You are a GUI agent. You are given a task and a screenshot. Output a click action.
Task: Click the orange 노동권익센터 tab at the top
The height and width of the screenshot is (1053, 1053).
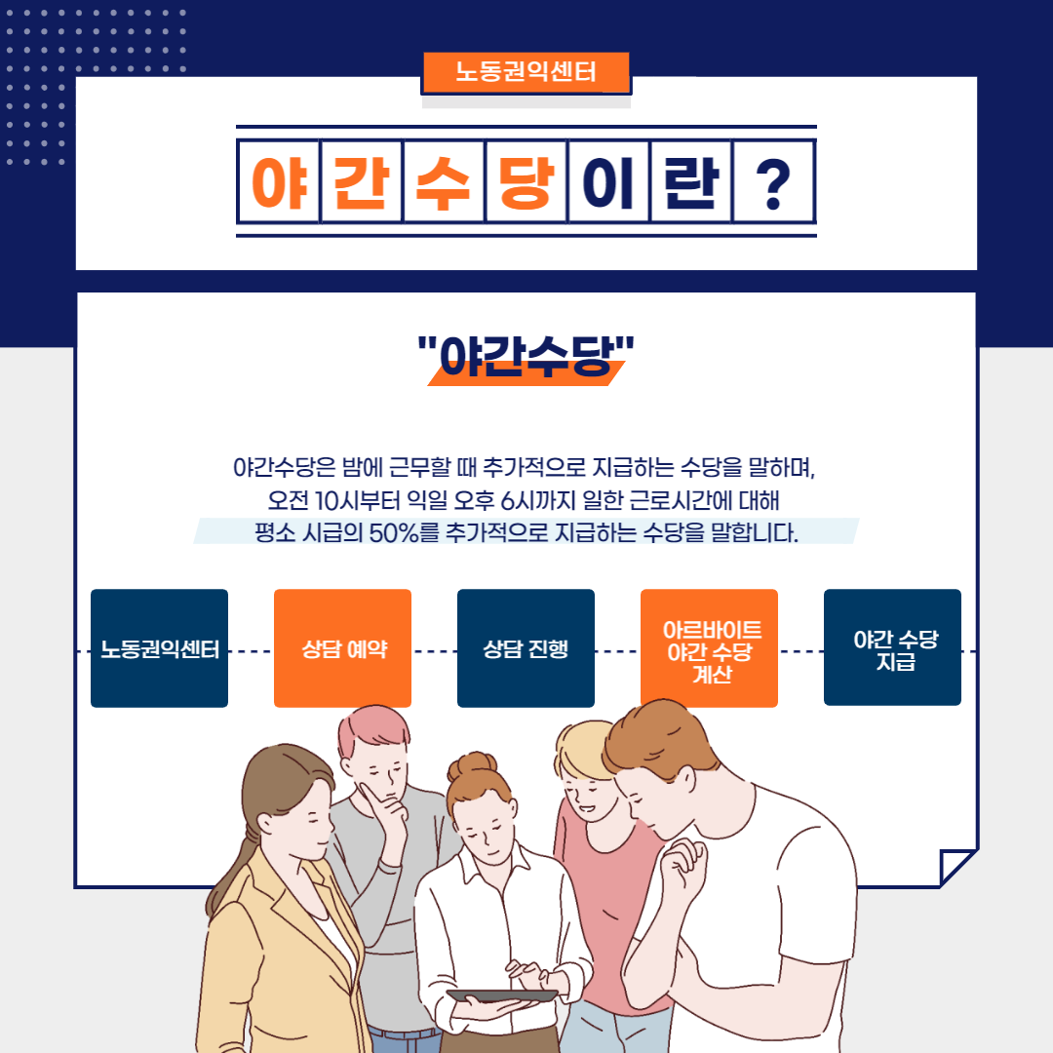click(526, 72)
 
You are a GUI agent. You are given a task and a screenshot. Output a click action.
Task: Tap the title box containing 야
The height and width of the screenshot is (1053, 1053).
click(279, 181)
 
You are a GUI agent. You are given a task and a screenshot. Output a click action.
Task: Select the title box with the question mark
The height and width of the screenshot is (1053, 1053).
click(773, 181)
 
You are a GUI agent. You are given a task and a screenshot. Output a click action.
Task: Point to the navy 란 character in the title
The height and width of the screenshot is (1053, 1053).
click(691, 182)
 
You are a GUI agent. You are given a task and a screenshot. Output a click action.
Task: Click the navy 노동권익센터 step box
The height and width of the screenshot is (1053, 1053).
click(159, 648)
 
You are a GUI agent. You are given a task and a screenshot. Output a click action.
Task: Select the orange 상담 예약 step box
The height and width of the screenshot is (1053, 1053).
click(342, 648)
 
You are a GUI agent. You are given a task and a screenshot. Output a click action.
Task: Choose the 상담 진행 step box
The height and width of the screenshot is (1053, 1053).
click(526, 648)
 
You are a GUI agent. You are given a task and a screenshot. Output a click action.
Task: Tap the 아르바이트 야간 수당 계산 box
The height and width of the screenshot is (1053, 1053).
click(709, 648)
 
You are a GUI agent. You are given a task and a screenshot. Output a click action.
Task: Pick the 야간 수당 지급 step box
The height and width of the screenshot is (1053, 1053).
click(892, 647)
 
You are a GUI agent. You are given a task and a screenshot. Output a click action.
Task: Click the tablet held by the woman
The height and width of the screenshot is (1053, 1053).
click(502, 995)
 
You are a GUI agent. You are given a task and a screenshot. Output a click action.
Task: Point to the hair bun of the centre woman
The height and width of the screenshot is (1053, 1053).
click(473, 765)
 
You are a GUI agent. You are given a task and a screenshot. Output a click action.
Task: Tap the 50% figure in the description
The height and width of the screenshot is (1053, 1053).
click(394, 533)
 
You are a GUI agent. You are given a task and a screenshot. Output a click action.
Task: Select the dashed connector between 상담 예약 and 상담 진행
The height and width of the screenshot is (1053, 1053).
click(435, 650)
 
